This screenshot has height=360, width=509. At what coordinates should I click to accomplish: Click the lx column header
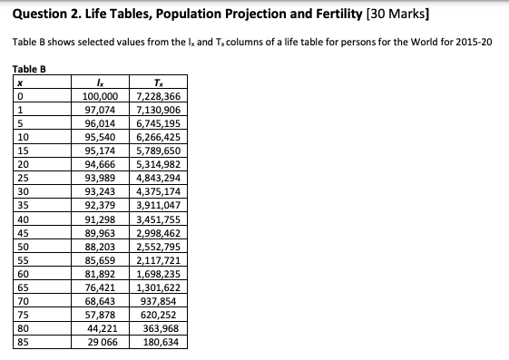[x=102, y=82]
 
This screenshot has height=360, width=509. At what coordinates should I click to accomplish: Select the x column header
[x=18, y=82]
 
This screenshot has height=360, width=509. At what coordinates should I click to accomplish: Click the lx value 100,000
[x=101, y=95]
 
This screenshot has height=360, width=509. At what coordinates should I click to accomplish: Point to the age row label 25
[x=22, y=178]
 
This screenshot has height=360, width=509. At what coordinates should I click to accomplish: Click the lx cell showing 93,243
[x=101, y=191]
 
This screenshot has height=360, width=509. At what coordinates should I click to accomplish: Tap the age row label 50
[x=22, y=246]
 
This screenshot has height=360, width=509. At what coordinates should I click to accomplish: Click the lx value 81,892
[x=101, y=273]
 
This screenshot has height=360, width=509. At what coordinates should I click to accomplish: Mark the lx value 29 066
[x=101, y=342]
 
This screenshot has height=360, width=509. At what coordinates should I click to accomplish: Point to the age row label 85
[x=22, y=342]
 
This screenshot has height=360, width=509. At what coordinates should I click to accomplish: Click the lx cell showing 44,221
[x=101, y=328]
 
